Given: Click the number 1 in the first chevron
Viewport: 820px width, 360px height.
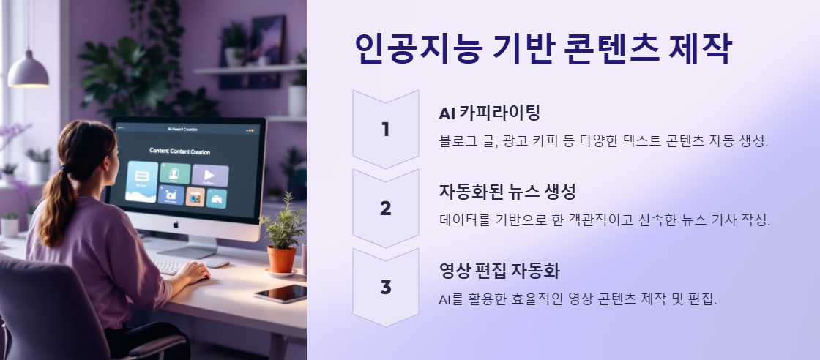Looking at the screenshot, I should (x=386, y=130).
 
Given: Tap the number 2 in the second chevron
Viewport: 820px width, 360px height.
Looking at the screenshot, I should (x=386, y=209).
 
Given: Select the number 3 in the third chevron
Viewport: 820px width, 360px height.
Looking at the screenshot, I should (x=386, y=287).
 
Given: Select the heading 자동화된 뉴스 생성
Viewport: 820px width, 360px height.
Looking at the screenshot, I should (x=507, y=192).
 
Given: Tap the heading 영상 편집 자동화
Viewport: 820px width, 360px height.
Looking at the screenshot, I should (x=499, y=271).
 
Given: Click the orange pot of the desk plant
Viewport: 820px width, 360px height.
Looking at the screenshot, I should (x=281, y=258).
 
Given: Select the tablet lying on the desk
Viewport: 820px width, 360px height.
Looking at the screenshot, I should (x=280, y=293).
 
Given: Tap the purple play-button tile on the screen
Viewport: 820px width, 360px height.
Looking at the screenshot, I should (x=210, y=176).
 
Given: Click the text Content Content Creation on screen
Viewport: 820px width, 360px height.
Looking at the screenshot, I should (x=179, y=151).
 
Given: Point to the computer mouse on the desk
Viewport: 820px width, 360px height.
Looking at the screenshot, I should (x=217, y=263).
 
